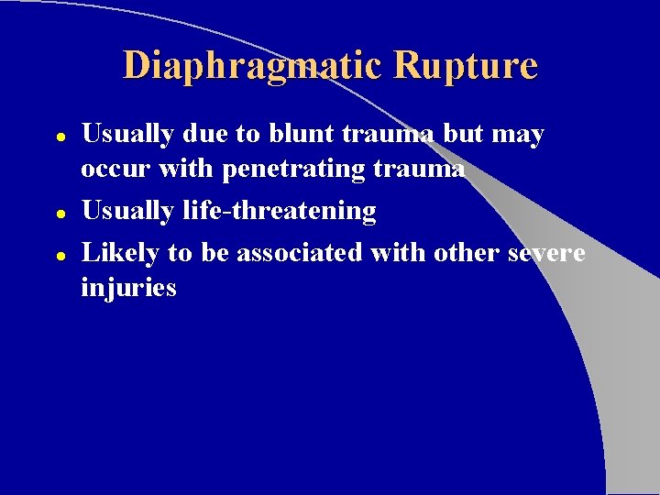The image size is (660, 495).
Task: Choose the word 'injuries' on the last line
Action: (128, 289)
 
